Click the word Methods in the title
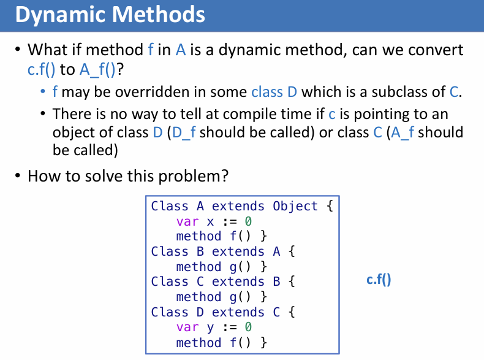[158, 14]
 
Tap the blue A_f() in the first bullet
[97, 69]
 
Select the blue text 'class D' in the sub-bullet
[274, 92]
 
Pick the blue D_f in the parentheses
[184, 132]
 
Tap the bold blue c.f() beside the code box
[379, 280]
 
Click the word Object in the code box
[295, 206]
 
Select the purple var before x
[187, 221]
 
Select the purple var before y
[187, 327]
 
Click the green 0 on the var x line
[248, 221]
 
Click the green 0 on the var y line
[248, 327]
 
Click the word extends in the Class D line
[238, 312]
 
